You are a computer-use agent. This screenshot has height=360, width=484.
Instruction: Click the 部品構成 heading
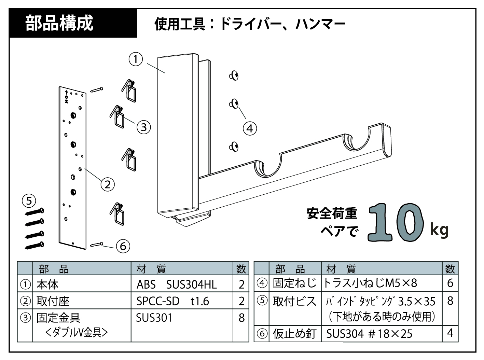59,23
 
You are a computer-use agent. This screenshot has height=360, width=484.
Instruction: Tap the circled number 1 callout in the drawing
136,59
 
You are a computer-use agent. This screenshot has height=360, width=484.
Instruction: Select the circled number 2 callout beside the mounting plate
108,184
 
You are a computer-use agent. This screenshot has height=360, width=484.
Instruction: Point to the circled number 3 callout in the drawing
143,127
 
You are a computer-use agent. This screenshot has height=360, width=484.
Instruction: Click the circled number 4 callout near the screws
250,128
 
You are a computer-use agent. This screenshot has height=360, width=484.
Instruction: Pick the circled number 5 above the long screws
29,201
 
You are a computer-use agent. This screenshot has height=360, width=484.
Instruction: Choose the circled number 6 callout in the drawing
123,246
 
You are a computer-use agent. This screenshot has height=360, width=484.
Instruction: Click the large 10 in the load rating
396,223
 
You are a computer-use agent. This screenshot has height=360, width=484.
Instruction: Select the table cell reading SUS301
154,318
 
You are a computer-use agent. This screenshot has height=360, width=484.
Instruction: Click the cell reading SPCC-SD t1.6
172,301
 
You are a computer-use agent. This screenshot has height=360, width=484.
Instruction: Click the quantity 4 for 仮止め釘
450,333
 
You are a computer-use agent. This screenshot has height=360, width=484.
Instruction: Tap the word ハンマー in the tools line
320,24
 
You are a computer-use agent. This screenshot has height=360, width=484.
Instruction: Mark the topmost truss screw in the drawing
234,75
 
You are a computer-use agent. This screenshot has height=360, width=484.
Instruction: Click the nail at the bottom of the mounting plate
96,244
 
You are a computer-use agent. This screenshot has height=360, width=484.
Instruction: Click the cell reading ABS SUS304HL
177,285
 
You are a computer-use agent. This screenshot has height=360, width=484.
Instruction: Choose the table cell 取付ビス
294,301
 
